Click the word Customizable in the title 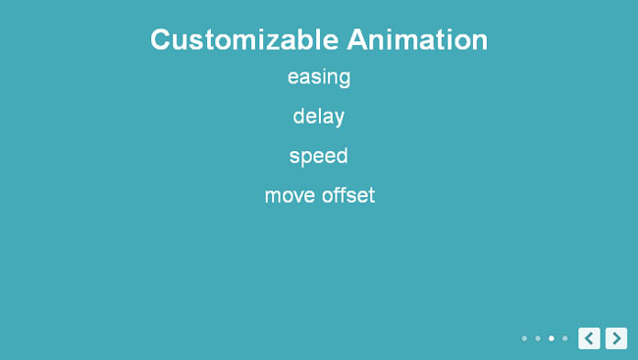point(244,40)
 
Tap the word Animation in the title point(417,40)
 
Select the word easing point(319,77)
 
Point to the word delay point(319,117)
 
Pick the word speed point(319,156)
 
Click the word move point(290,195)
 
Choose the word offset point(348,195)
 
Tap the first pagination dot point(524,338)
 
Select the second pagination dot point(538,338)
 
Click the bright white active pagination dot point(552,338)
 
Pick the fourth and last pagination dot point(564,338)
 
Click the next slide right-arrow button point(616,338)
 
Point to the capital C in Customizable point(160,40)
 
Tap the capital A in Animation point(357,39)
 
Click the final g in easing point(344,79)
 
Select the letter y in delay point(339,120)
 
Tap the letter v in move point(296,196)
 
